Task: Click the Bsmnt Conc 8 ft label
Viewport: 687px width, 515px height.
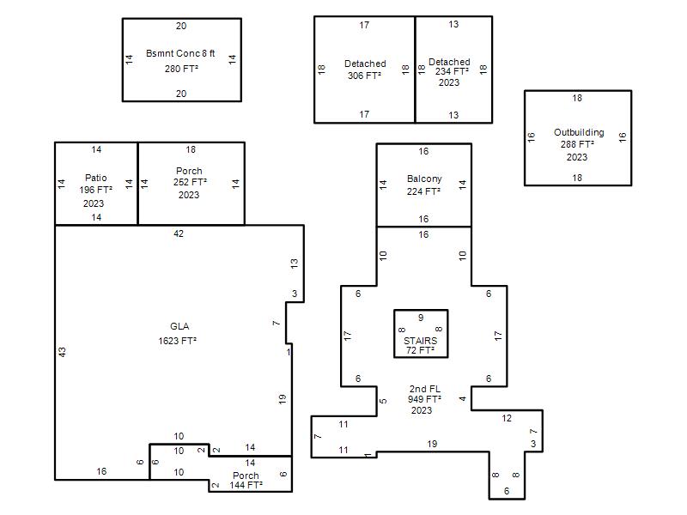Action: point(180,53)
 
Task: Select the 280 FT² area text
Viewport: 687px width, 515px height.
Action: point(181,69)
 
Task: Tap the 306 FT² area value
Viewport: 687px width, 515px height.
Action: point(364,76)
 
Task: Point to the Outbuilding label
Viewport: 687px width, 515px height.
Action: point(579,132)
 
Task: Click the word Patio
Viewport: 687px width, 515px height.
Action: point(96,178)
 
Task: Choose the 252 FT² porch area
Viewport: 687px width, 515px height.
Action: point(190,182)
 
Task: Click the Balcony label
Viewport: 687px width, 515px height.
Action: point(424,179)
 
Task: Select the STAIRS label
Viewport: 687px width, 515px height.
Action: point(420,341)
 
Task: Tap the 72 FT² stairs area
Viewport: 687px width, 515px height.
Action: point(420,350)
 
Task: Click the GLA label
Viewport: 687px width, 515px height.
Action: point(179,326)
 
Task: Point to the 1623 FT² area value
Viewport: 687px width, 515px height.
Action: point(178,341)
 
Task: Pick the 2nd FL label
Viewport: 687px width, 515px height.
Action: point(425,389)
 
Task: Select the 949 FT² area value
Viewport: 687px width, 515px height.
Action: point(424,399)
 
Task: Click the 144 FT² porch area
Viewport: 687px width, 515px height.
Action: point(246,485)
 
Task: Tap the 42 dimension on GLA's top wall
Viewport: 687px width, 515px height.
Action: point(179,233)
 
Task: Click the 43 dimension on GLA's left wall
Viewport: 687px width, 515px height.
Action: point(62,352)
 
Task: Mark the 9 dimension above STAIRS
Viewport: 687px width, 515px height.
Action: point(421,318)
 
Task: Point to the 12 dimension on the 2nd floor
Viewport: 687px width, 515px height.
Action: point(507,418)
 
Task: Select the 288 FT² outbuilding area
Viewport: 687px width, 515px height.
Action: point(577,144)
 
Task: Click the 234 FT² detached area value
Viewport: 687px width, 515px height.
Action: point(452,71)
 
